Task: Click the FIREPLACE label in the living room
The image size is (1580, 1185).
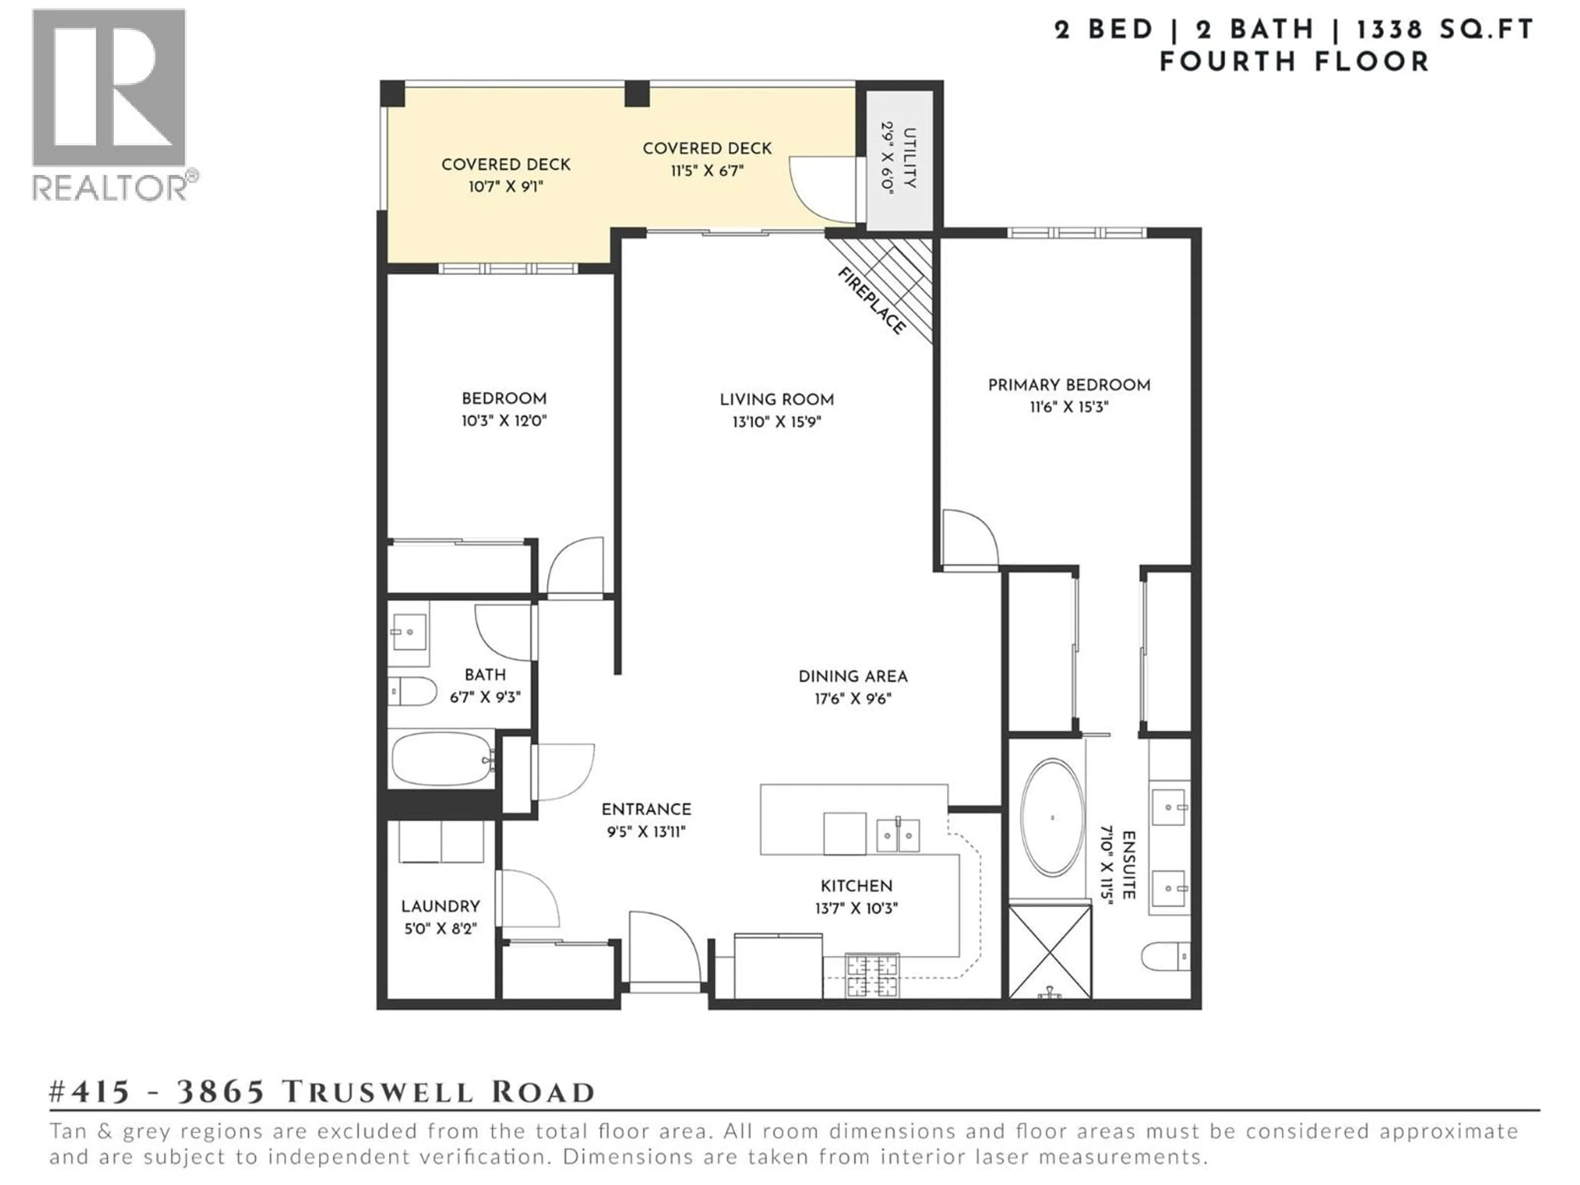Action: click(x=871, y=301)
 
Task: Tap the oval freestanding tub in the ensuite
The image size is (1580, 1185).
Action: click(x=1052, y=818)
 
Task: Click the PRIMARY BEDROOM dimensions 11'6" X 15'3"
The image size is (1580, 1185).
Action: click(x=1069, y=407)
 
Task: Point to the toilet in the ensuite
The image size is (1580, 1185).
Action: click(x=1165, y=956)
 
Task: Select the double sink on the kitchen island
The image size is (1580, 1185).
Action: click(x=898, y=835)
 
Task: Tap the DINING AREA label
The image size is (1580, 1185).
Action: click(x=853, y=676)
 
